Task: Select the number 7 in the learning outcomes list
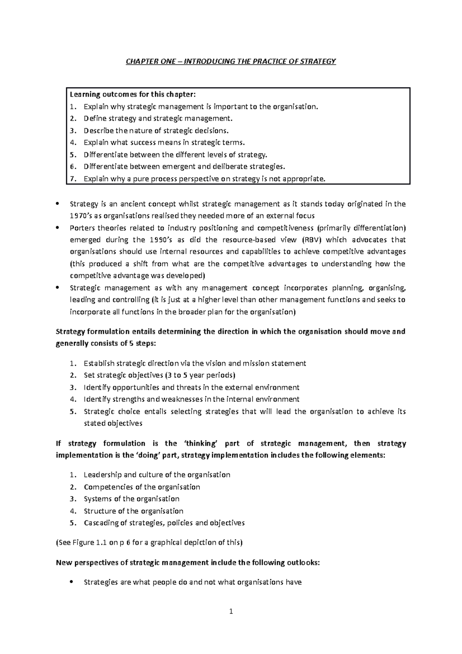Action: (x=72, y=179)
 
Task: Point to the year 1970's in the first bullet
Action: (x=80, y=216)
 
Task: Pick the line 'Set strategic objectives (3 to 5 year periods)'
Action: (x=159, y=375)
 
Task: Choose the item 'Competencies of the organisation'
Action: (x=142, y=487)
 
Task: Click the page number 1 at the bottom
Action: (x=231, y=611)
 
